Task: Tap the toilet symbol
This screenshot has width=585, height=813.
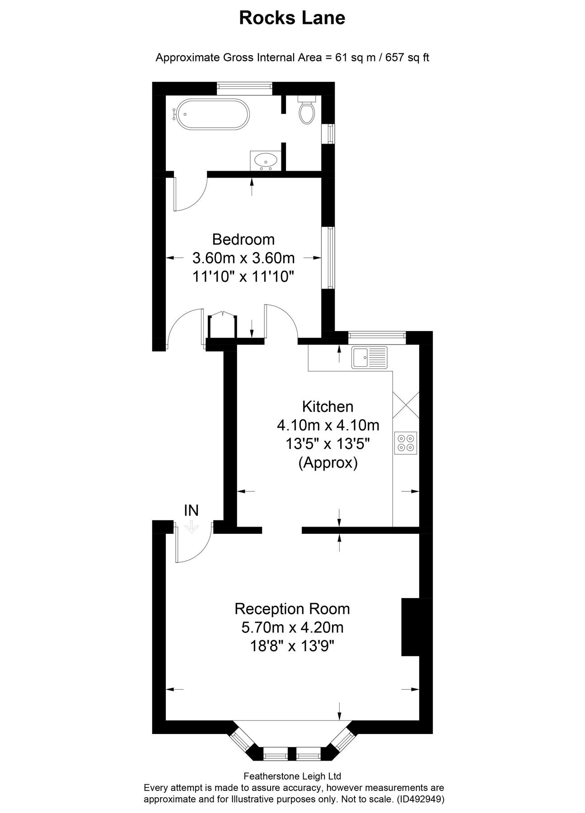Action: pos(307,110)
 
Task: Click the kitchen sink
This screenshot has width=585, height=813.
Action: pos(369,357)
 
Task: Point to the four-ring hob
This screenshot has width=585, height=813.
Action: pos(406,443)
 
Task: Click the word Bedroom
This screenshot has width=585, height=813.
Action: pos(243,238)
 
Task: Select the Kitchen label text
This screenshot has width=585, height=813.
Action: pos(328,406)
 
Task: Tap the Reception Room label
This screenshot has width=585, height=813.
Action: pos(292,609)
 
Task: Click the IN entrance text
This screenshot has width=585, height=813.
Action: pos(191,510)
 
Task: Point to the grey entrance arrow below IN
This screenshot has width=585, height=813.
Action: pos(192,527)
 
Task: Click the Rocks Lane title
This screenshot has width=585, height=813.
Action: pos(292,18)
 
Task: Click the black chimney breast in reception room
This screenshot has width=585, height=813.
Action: pos(411,626)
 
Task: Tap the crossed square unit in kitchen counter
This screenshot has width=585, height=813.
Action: pos(406,405)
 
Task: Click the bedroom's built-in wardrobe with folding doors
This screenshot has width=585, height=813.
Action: pos(222,326)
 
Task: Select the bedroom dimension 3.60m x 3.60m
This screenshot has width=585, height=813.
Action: pos(243,258)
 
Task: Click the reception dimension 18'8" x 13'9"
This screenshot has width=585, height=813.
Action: pos(292,646)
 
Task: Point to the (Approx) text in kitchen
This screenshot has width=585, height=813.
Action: pos(328,463)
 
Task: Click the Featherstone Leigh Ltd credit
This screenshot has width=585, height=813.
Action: pos(292,776)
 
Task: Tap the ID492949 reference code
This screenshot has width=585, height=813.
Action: pos(420,799)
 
